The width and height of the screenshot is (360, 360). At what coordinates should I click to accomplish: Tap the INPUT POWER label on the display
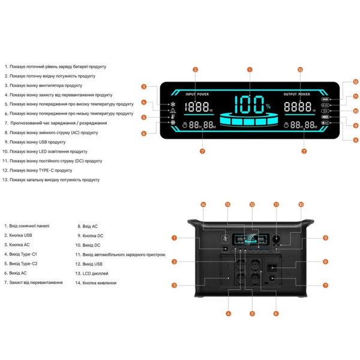coord(197,94)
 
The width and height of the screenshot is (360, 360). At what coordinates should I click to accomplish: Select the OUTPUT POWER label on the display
coord(298,94)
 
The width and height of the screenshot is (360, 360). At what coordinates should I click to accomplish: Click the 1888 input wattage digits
coord(197,107)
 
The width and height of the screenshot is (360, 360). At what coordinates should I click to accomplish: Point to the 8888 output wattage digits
coord(298,107)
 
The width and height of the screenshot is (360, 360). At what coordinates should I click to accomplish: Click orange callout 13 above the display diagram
coord(300,70)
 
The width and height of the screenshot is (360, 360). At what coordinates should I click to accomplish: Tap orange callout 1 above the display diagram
coord(249,70)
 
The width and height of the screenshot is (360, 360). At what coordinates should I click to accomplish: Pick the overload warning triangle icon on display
coord(173,111)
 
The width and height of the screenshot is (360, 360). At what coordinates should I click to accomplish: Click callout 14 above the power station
coord(203,205)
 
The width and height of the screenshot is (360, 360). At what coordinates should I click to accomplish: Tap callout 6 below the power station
coord(275,313)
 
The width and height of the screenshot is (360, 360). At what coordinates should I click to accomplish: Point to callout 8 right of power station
coord(325,262)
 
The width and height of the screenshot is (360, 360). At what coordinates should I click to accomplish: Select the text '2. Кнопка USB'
coord(19,235)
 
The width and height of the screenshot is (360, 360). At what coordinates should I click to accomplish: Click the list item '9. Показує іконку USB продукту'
coord(35,142)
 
